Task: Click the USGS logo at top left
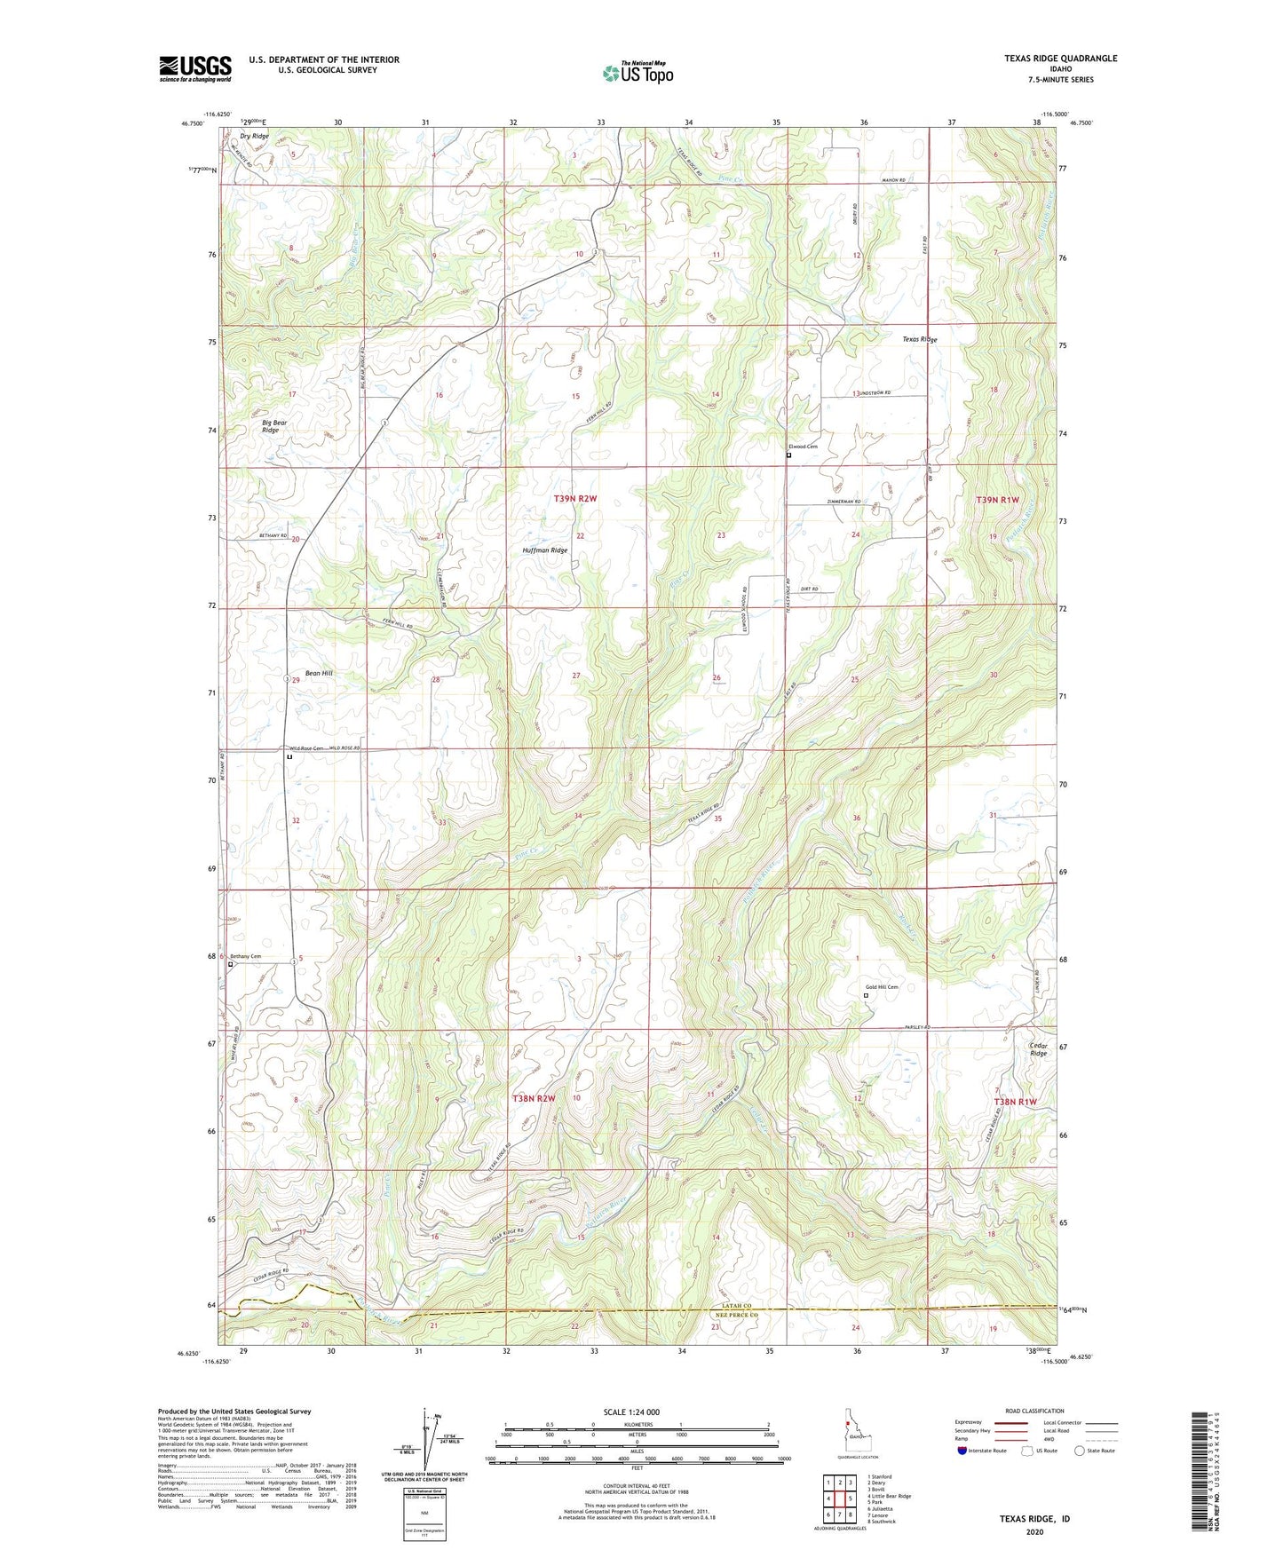coord(195,68)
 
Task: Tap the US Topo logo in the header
coord(638,73)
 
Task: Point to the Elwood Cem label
coord(803,447)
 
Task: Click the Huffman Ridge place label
coord(544,550)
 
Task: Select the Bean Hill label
coord(319,673)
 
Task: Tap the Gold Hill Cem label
coord(883,987)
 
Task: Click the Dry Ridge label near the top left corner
coord(254,136)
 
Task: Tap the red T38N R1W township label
coord(1015,1102)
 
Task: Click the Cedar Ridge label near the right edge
coord(1038,1048)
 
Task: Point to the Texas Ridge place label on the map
coord(920,339)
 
